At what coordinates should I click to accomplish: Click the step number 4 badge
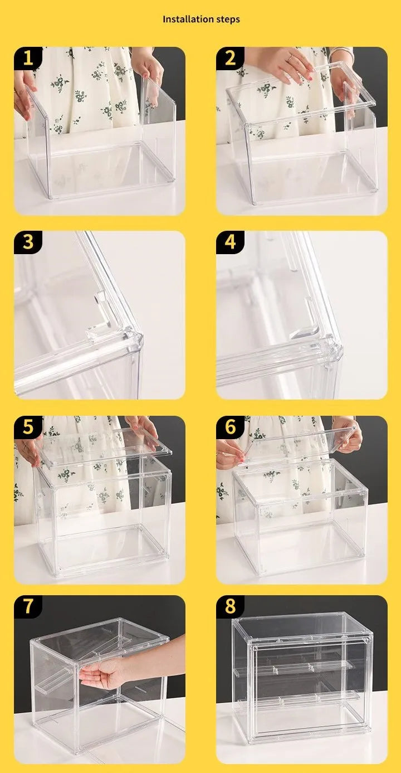[229, 242]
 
